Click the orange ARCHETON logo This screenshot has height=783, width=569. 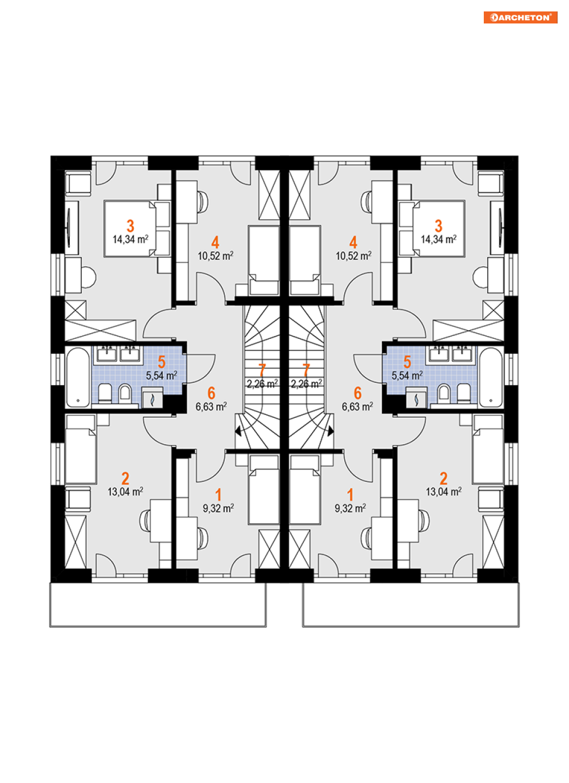coord(520,18)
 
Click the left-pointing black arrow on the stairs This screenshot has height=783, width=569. coord(238,432)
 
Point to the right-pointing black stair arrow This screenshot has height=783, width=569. coord(331,432)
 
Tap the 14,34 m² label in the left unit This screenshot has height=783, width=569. coord(130,239)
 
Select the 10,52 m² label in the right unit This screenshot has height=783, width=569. coord(353,256)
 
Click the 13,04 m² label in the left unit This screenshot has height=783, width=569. coord(125,492)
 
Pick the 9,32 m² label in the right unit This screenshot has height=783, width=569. coord(351,508)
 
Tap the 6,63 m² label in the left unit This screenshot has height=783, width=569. coord(212,407)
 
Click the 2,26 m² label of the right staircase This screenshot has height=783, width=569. coord(307,384)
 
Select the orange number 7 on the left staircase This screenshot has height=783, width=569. coord(262,370)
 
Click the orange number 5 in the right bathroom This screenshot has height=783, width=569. coord(407,362)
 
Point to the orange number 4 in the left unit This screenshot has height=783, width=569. coord(215,242)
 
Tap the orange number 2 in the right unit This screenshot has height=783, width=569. coord(444,478)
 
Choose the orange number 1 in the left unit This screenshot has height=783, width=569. coord(218,495)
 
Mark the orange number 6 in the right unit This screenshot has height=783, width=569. coord(357,393)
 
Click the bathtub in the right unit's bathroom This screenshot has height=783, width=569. coord(491,377)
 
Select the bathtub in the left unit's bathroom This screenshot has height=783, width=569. coord(78,377)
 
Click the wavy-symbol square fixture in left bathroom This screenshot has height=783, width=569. coord(152,398)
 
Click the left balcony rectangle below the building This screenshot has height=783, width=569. coord(158,605)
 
